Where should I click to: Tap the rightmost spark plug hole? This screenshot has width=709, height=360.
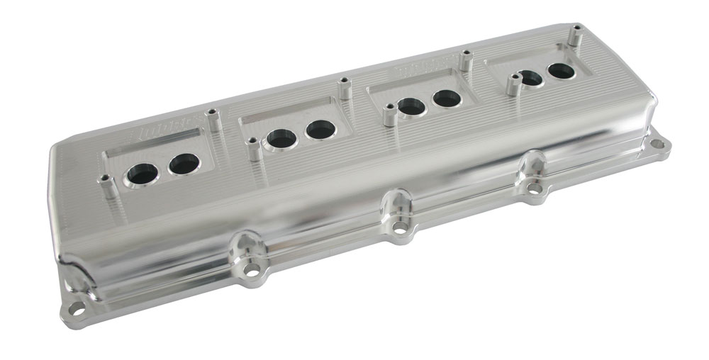click(x=560, y=72)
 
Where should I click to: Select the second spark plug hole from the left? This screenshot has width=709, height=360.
click(x=182, y=164)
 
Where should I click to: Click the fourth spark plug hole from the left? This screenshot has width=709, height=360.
click(x=320, y=130)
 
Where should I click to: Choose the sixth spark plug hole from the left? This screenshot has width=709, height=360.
click(x=447, y=99)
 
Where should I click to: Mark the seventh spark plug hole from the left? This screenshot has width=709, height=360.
click(x=530, y=79)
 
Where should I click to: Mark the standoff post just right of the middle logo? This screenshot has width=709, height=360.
click(x=466, y=60)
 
